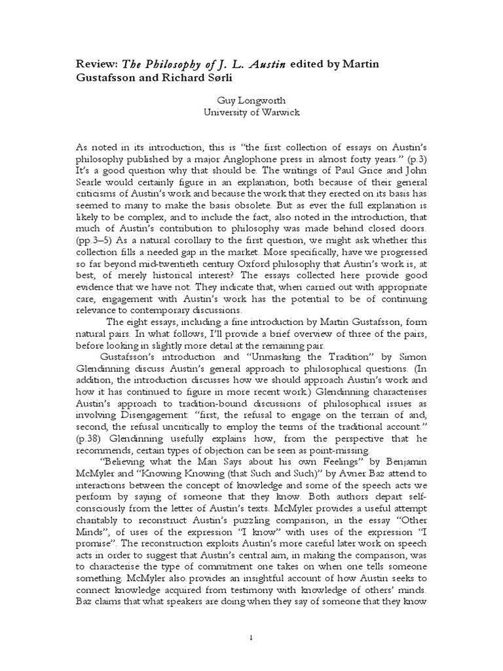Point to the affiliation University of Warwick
251,111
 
